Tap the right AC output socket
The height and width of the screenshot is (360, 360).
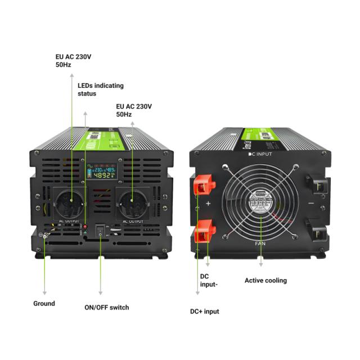coord(133,202)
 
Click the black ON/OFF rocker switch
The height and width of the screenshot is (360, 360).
coord(101,231)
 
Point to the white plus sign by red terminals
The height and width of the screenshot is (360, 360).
coord(208,204)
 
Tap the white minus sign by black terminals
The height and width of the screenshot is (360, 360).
coord(311,203)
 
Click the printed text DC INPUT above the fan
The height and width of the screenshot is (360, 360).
coord(260,154)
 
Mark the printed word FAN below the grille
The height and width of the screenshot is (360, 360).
coord(260,244)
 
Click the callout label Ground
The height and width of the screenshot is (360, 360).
coord(44,303)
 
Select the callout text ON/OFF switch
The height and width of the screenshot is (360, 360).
coord(106,307)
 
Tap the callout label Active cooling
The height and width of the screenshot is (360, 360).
coord(265,280)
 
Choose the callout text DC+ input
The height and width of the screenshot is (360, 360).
coord(204,311)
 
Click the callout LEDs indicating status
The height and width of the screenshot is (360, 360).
coord(100,89)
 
